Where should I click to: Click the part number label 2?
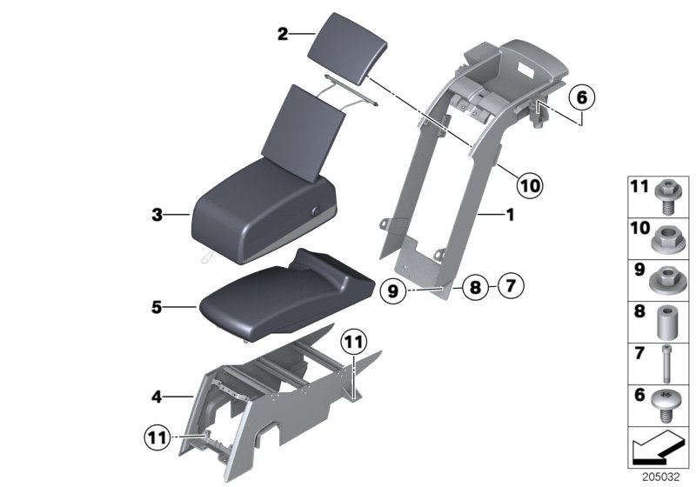pyautogui.click(x=282, y=34)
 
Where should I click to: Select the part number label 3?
pyautogui.click(x=157, y=213)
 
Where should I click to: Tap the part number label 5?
pyautogui.click(x=157, y=306)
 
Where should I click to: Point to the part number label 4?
pyautogui.click(x=157, y=397)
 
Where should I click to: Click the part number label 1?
pyautogui.click(x=511, y=212)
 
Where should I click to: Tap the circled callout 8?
pyautogui.click(x=473, y=286)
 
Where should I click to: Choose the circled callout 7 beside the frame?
pyautogui.click(x=511, y=284)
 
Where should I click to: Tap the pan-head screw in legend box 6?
pyautogui.click(x=666, y=402)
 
